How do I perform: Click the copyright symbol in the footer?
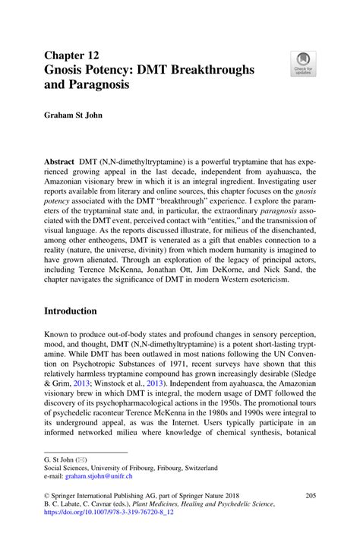(x=47, y=494)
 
